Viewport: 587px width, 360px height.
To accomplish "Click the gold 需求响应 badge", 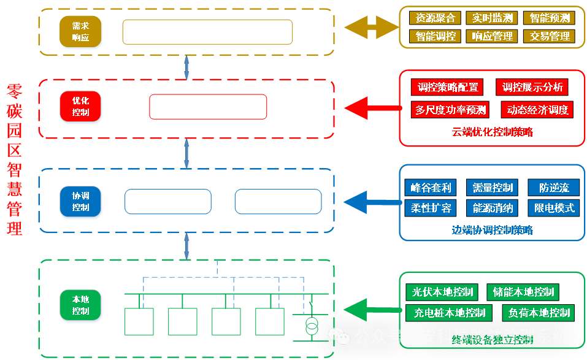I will point(80,32).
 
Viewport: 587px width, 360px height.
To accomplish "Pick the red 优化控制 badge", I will point(80,106).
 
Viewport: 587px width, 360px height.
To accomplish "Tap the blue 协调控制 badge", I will point(80,202).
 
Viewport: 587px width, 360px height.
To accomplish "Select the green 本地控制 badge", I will point(80,305).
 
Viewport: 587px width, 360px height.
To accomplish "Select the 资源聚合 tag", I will point(435,18).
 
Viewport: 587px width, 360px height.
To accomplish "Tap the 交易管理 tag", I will point(550,36).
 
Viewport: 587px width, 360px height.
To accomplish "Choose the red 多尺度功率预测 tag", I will point(451,110).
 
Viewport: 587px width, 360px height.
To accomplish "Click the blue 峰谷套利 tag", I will point(431,188).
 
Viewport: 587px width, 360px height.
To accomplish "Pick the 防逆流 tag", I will point(553,188).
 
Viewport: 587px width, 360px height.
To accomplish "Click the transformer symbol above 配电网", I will point(312,325).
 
